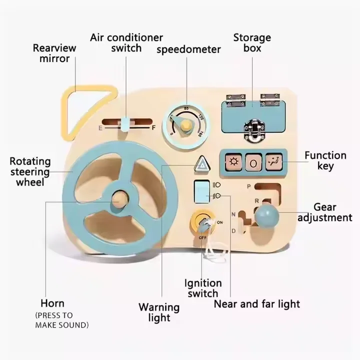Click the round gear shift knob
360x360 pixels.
click(x=266, y=216)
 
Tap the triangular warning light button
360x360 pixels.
click(x=202, y=164)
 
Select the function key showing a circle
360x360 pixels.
click(x=253, y=163)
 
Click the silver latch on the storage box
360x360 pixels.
click(x=254, y=129)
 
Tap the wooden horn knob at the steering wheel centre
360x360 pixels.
click(x=119, y=199)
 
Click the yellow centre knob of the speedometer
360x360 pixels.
click(x=184, y=125)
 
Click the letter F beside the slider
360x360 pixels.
click(x=153, y=127)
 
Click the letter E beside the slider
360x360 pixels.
click(x=100, y=128)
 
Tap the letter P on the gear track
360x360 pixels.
click(x=249, y=186)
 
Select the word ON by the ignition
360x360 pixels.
click(x=219, y=222)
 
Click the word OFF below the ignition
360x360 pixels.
click(x=202, y=237)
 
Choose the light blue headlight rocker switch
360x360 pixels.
click(x=202, y=191)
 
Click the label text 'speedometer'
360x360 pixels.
click(x=188, y=49)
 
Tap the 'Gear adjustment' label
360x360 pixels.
click(x=325, y=212)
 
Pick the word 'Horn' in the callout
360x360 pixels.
click(x=52, y=303)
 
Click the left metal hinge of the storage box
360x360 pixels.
click(x=235, y=100)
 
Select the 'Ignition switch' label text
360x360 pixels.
click(x=203, y=288)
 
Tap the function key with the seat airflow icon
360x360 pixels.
click(x=274, y=162)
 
